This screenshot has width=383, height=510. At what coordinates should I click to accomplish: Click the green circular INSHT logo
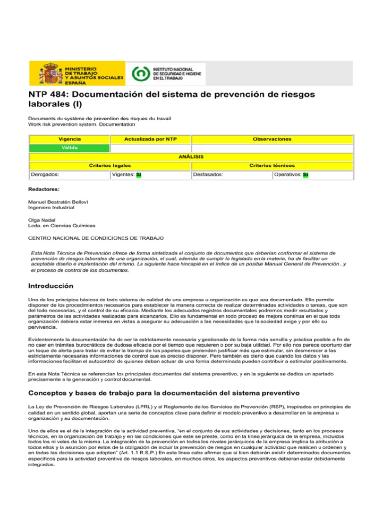140,73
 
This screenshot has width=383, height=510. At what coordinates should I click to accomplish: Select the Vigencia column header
69,139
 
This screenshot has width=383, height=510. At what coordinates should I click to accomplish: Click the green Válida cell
69,148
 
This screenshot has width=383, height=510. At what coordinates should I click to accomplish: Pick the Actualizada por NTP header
151,139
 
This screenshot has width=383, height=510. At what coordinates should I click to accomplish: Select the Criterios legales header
110,165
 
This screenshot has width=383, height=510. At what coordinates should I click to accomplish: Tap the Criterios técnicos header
272,165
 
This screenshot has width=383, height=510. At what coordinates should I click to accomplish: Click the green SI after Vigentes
139,175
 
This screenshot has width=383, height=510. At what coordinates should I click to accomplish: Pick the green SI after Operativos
306,175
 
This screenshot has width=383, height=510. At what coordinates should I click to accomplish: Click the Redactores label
44,190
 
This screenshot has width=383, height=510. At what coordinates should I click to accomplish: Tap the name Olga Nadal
41,220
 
